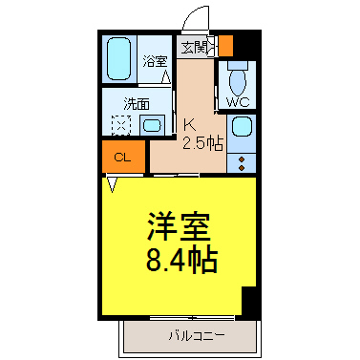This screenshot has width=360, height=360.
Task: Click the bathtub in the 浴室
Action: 118,58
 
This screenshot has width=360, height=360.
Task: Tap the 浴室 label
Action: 155,61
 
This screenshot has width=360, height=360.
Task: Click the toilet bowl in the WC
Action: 238,79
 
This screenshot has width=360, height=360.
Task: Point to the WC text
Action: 238,102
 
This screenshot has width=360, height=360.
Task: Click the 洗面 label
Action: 137,104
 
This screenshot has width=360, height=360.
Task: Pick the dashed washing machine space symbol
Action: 121,125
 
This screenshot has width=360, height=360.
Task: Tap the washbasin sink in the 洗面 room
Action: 153,125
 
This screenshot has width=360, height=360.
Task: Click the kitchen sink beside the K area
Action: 242,128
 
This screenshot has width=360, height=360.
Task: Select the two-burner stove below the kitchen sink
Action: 242,163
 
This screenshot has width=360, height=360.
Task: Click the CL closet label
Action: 122,157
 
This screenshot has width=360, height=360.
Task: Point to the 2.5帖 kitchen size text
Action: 202,143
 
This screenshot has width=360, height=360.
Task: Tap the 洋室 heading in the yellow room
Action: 179,226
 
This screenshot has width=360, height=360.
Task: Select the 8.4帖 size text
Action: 181,260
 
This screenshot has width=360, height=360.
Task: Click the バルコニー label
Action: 197,335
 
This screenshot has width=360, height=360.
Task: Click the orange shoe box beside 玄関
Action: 226,46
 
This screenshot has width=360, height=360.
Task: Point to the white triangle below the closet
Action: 112,184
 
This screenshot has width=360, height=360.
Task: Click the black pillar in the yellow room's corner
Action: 249,302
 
